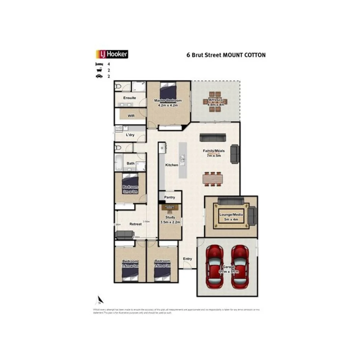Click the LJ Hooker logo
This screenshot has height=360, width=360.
(x=112, y=54)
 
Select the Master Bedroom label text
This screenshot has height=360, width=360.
(x=168, y=101)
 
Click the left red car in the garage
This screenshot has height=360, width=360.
(x=214, y=267)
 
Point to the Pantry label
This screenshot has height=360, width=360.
(x=170, y=197)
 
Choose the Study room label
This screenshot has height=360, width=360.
(x=170, y=217)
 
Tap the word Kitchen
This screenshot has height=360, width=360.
(x=172, y=165)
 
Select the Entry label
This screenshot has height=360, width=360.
(x=188, y=259)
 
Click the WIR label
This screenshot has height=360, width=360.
(x=131, y=116)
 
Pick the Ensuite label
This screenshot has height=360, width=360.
(x=130, y=98)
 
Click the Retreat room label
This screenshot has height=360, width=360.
(x=135, y=224)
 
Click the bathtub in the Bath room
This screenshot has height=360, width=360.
(x=118, y=163)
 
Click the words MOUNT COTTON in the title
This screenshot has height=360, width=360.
(x=246, y=55)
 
